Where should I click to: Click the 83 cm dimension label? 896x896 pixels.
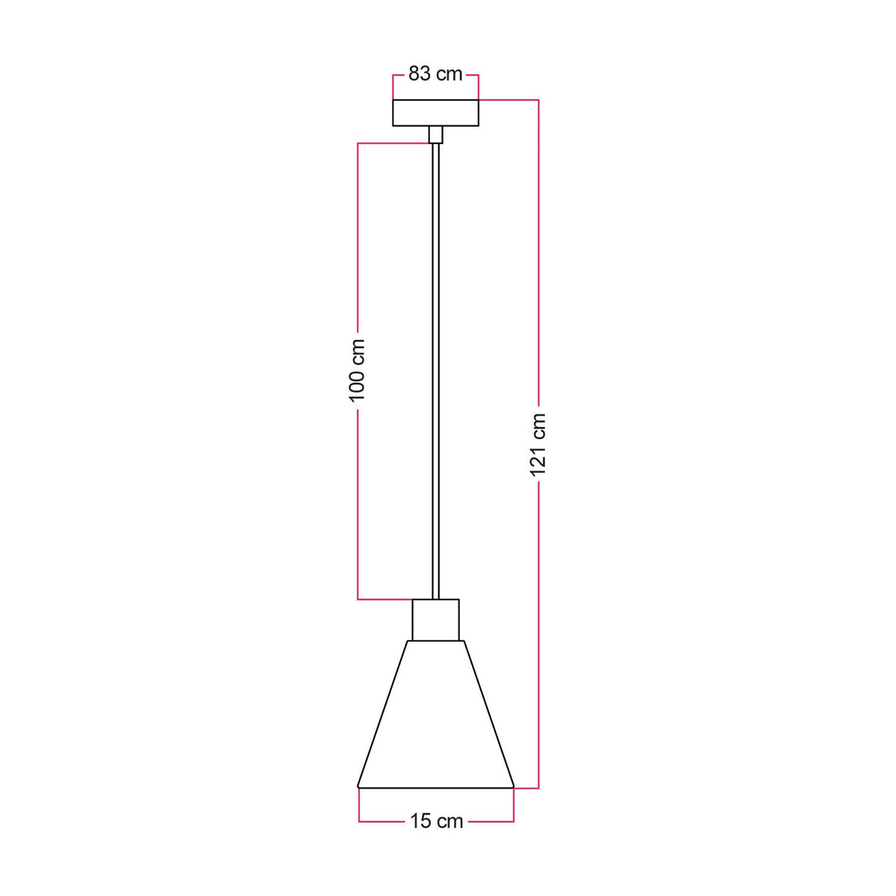pos(435,74)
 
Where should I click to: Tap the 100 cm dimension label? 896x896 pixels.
pos(357,370)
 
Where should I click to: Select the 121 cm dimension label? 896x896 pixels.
pos(538,445)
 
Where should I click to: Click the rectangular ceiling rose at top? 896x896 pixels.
pos(435,113)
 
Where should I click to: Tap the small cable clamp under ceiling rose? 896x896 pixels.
pos(435,135)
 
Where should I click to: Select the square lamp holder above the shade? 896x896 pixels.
pos(435,620)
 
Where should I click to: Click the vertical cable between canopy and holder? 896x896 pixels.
pos(435,372)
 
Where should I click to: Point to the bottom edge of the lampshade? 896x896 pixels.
pos(435,788)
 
